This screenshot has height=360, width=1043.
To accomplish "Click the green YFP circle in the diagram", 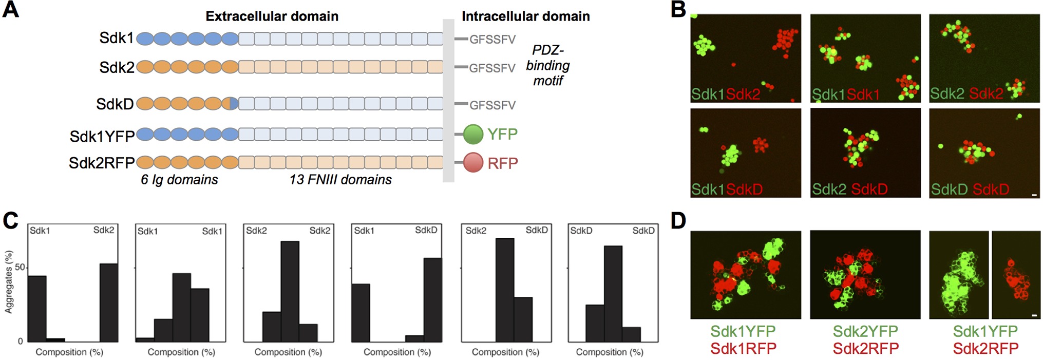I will pyautogui.click(x=473, y=134).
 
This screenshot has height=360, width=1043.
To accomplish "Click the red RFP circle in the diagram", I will pyautogui.click(x=473, y=163).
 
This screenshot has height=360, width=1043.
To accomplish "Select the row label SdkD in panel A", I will pyautogui.click(x=115, y=104).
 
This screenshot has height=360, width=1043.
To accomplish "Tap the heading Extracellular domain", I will pyautogui.click(x=272, y=16).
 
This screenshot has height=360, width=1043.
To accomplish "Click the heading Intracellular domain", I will pyautogui.click(x=525, y=16).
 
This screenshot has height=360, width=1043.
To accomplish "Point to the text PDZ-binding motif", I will pyautogui.click(x=548, y=65).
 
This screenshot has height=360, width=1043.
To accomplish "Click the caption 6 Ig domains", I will pyautogui.click(x=179, y=180).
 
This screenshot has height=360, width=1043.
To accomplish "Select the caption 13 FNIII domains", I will pyautogui.click(x=340, y=180).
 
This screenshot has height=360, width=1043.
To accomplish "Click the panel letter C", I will pyautogui.click(x=11, y=221).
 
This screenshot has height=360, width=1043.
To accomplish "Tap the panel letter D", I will pyautogui.click(x=678, y=221).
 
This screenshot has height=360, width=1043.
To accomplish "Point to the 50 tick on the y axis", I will pyautogui.click(x=20, y=268).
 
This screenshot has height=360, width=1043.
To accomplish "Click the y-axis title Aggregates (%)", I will pyautogui.click(x=8, y=282).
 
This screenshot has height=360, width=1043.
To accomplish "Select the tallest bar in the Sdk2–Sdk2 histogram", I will pyautogui.click(x=290, y=291).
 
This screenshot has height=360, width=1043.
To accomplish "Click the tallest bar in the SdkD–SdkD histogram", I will pyautogui.click(x=613, y=294).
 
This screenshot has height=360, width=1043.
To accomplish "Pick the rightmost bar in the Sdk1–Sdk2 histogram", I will pyautogui.click(x=108, y=302).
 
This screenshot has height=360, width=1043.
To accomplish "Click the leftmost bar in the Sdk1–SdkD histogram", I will pyautogui.click(x=361, y=313).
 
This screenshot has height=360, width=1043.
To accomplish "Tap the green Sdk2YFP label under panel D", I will pyautogui.click(x=865, y=331).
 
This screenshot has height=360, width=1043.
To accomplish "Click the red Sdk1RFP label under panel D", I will pyautogui.click(x=743, y=349).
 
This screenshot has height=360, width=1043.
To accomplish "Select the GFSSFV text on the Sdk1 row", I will pyautogui.click(x=492, y=40).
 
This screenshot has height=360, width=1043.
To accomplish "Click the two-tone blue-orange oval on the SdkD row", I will pyautogui.click(x=230, y=104).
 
